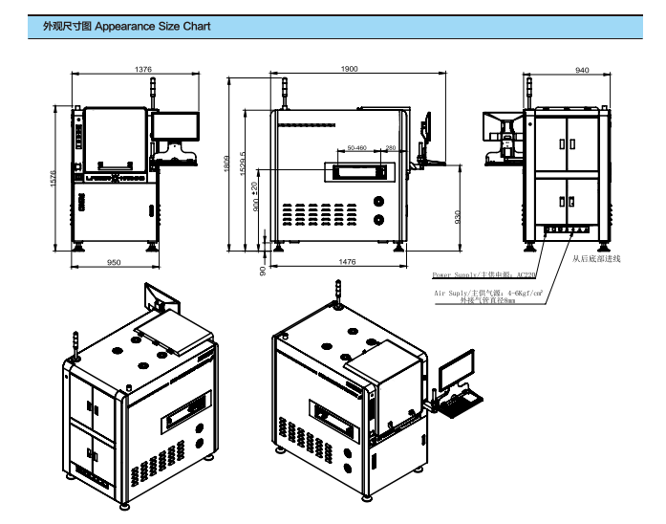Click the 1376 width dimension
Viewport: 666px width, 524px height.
[143, 70]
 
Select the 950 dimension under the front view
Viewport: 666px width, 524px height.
[114, 261]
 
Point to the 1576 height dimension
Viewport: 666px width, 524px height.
[54, 178]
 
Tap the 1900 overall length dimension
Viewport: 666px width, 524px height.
[349, 70]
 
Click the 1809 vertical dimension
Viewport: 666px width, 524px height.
[227, 164]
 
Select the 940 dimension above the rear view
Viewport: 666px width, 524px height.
[582, 70]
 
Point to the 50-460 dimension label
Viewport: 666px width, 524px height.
[358, 148]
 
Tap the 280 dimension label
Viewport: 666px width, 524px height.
[391, 148]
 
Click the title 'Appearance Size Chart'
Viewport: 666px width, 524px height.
[153, 27]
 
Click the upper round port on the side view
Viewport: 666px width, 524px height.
[380, 201]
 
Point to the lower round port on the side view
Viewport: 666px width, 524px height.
[380, 220]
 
